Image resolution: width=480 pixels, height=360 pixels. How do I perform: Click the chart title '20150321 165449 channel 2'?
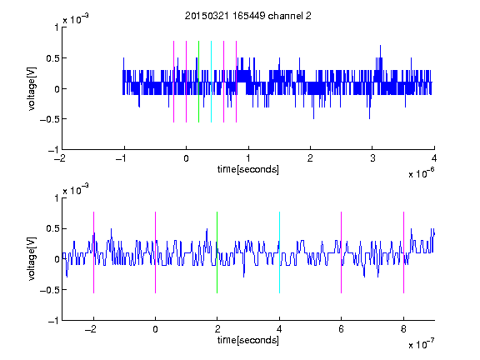(248, 16)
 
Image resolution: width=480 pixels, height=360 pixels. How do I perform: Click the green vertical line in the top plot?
(198, 82)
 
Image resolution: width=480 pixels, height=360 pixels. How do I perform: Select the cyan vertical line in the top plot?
(211, 82)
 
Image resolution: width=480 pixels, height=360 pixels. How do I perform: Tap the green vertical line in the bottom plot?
(217, 252)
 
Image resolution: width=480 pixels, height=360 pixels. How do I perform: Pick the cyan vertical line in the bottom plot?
(279, 252)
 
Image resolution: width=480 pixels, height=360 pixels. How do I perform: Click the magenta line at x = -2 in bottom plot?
(93, 252)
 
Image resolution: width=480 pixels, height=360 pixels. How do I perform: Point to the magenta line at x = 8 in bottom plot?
(403, 252)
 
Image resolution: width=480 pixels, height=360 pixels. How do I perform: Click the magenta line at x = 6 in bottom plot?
(342, 252)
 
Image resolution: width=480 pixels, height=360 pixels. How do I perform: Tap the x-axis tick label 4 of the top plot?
(434, 158)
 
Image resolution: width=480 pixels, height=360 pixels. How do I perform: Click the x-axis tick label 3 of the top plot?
(372, 158)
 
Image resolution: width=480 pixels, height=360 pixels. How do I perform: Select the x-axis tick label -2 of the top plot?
(60, 158)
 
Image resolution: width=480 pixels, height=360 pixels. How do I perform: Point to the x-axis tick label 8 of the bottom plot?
(403, 329)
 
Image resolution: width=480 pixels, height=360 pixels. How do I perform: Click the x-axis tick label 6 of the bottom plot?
(342, 329)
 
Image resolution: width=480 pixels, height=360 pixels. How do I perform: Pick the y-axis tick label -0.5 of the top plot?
(49, 119)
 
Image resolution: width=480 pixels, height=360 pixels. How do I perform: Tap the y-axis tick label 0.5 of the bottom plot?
(52, 228)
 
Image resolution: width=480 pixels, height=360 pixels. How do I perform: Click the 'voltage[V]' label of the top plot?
(32, 89)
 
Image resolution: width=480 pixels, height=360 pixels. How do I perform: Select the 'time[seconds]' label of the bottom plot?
(248, 340)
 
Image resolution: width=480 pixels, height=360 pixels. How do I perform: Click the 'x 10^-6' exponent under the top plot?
(421, 172)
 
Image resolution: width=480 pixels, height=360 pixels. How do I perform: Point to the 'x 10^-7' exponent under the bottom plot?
(421, 343)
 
